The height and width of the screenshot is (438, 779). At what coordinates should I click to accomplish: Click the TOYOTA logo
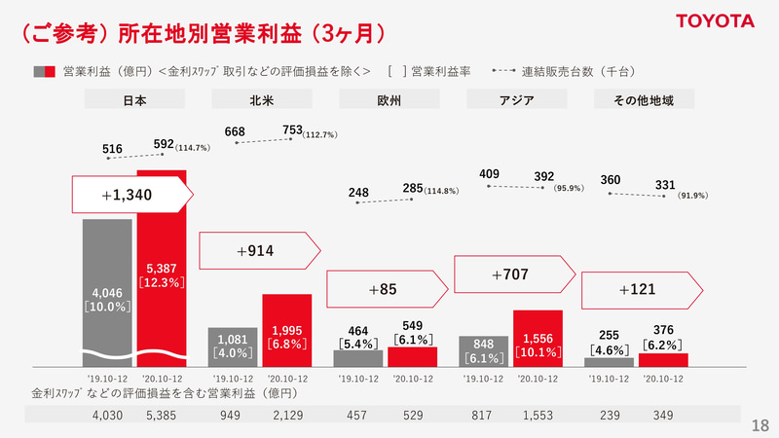(717, 20)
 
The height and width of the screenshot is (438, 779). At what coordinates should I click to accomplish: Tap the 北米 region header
(260, 99)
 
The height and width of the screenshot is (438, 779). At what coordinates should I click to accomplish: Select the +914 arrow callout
(259, 251)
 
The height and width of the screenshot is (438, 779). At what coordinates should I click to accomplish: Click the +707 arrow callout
(514, 275)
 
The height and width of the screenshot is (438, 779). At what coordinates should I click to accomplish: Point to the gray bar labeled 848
(483, 350)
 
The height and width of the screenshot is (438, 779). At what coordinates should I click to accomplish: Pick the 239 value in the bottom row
(610, 415)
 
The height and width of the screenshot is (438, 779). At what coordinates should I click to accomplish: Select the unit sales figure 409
(491, 174)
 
